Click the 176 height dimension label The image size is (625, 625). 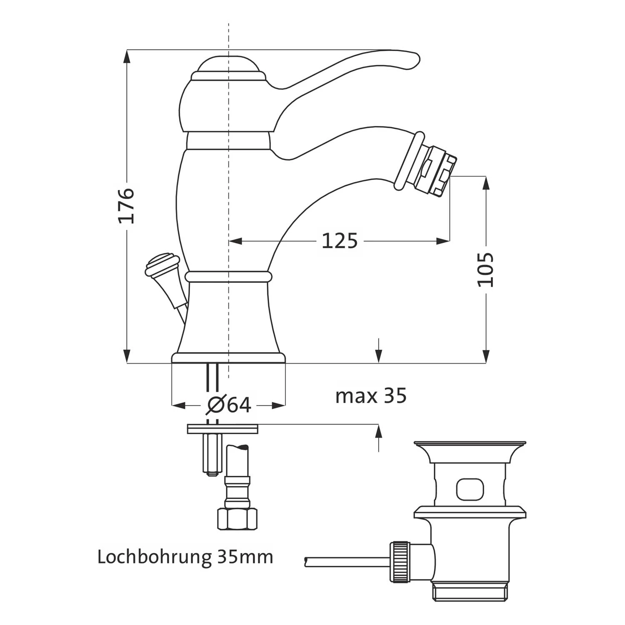pos(126,205)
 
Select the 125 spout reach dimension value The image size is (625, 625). pos(340,241)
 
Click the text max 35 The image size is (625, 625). pos(371,396)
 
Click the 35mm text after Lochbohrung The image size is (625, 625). pos(245,557)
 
